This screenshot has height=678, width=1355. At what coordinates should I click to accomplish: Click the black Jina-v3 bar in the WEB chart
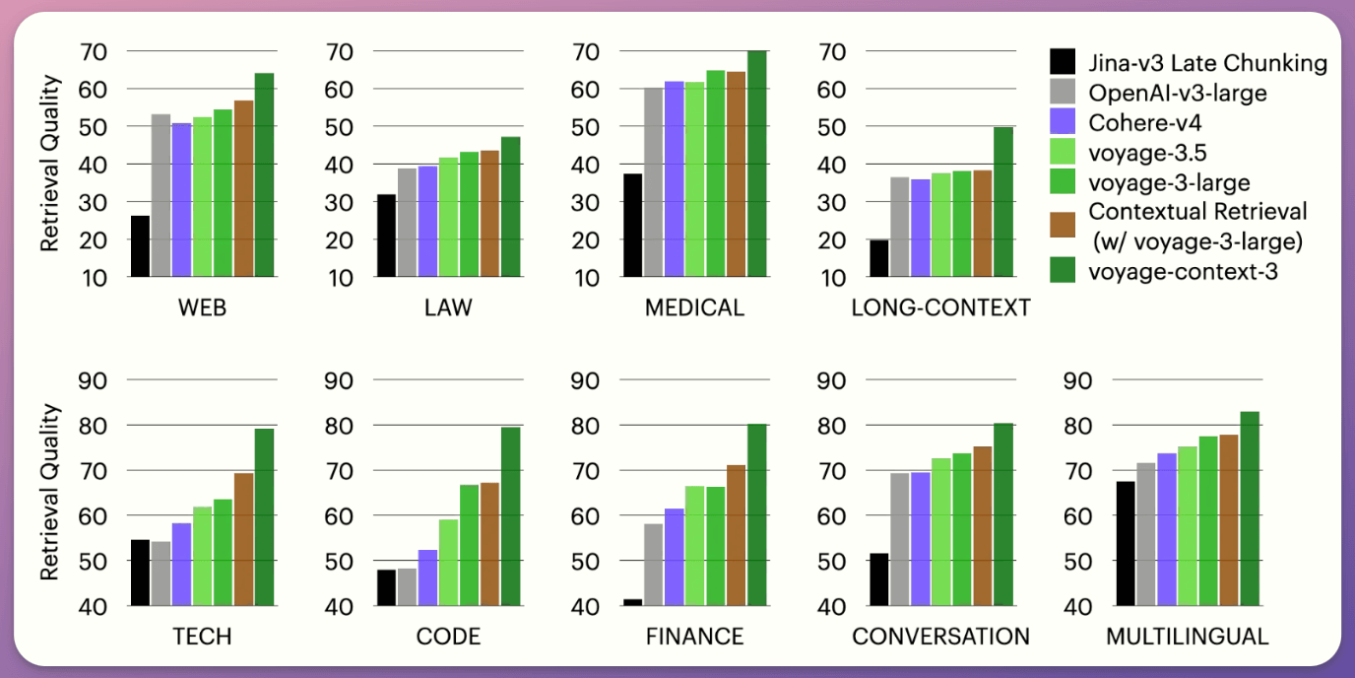(140, 246)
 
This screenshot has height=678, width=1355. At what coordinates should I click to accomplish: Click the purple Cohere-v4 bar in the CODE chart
(427, 577)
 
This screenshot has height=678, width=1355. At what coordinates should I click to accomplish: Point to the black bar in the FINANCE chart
(632, 602)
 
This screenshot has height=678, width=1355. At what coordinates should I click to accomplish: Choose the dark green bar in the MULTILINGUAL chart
(1250, 508)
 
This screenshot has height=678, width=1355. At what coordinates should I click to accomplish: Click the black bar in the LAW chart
(386, 236)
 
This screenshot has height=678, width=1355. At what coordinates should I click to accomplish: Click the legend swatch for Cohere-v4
(1064, 123)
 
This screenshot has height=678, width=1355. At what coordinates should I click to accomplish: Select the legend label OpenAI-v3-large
(1178, 94)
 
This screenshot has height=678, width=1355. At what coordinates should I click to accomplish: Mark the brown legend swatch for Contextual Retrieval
(1064, 226)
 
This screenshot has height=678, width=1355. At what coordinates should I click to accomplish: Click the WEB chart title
(202, 307)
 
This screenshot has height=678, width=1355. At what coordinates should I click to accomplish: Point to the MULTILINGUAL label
(1187, 637)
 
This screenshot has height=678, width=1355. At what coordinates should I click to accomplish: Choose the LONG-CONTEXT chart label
(940, 307)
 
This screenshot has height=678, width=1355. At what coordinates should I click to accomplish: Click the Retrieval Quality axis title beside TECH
(49, 491)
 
